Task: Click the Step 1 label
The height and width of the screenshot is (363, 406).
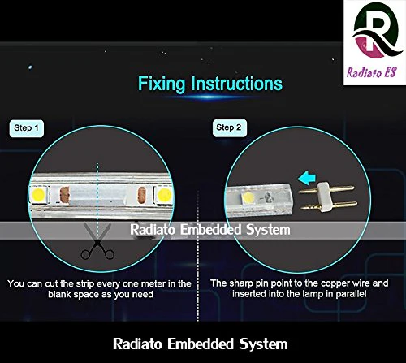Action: tap(26, 128)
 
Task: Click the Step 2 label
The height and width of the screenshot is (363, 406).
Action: tap(229, 127)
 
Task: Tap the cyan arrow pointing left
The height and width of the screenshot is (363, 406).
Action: tap(307, 179)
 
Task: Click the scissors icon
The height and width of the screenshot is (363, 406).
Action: tap(97, 241)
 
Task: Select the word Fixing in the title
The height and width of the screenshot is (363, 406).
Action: tap(162, 84)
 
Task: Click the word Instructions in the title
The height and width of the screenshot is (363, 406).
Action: tap(237, 84)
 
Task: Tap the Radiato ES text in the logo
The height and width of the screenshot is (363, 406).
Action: tap(372, 72)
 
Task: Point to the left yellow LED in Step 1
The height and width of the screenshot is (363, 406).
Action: tap(39, 194)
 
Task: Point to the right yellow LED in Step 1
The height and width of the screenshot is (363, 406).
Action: tap(163, 195)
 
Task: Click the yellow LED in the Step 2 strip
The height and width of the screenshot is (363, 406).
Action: tap(248, 197)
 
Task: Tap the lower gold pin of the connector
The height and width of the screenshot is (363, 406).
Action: tap(329, 206)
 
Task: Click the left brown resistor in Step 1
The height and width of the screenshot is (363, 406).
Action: tap(65, 195)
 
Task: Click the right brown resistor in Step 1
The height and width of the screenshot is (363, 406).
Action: tap(142, 195)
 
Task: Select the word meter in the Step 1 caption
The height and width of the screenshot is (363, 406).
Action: tap(153, 283)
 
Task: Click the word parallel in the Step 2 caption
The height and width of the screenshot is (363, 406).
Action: tap(351, 294)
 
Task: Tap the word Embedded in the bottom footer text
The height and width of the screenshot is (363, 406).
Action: tap(201, 344)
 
